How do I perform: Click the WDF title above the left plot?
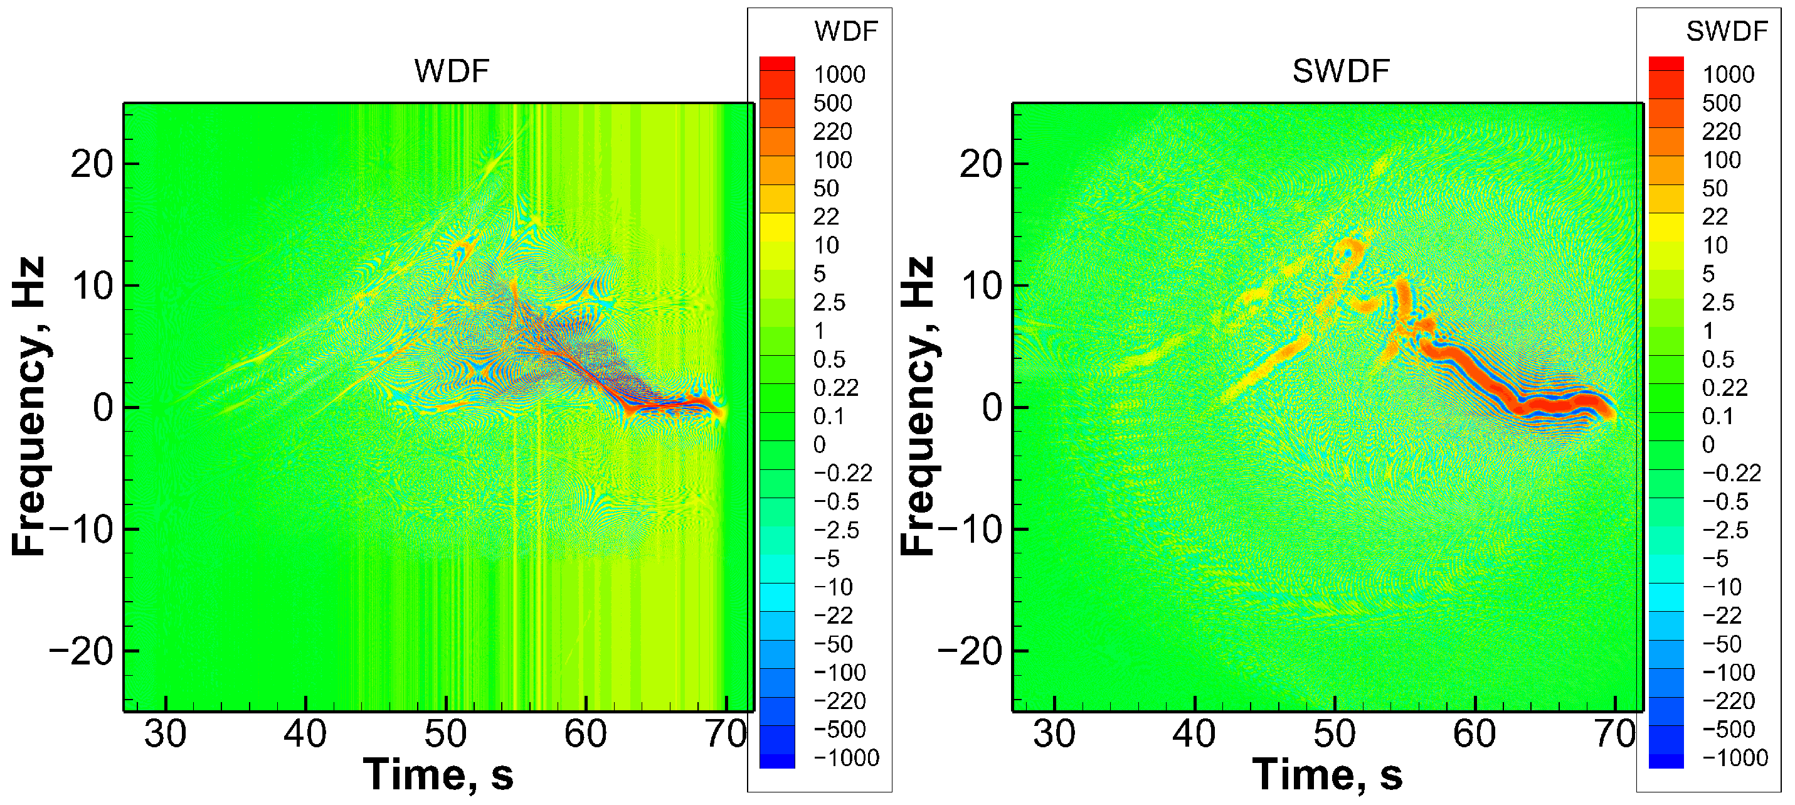(x=452, y=71)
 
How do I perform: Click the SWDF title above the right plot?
(x=1340, y=71)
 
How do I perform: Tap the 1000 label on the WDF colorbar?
(x=839, y=75)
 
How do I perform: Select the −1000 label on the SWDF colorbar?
(x=1734, y=757)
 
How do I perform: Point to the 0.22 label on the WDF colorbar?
(x=835, y=388)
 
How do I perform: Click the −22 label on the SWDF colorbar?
(x=1721, y=616)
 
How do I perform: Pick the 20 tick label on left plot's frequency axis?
(x=92, y=165)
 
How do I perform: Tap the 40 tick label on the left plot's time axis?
(x=305, y=734)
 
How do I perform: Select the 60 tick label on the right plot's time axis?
(x=1474, y=734)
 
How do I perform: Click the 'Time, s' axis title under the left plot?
(x=438, y=775)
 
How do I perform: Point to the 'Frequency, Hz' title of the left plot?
(x=29, y=407)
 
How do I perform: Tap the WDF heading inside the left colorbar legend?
(x=845, y=31)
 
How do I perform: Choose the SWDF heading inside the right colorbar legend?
(x=1727, y=31)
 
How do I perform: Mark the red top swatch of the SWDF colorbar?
(x=1665, y=63)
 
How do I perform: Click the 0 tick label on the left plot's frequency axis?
(x=103, y=408)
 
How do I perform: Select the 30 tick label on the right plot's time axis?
(x=1054, y=734)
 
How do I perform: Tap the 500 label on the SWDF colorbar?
(x=1721, y=103)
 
